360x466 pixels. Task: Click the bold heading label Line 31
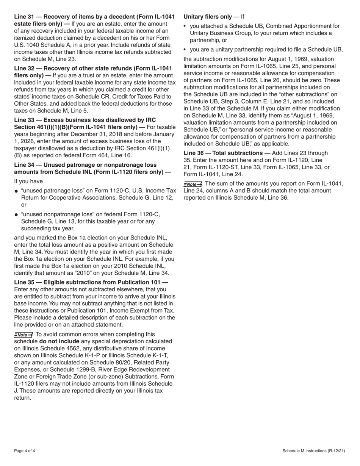click(25, 17)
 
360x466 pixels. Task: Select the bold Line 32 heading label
click(25, 68)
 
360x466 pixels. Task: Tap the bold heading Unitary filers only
click(207, 17)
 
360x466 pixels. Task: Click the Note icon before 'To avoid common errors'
click(23, 335)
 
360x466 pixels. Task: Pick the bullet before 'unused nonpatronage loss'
click(16, 215)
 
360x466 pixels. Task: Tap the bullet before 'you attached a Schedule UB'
click(185, 27)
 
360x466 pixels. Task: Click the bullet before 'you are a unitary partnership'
click(185, 50)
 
